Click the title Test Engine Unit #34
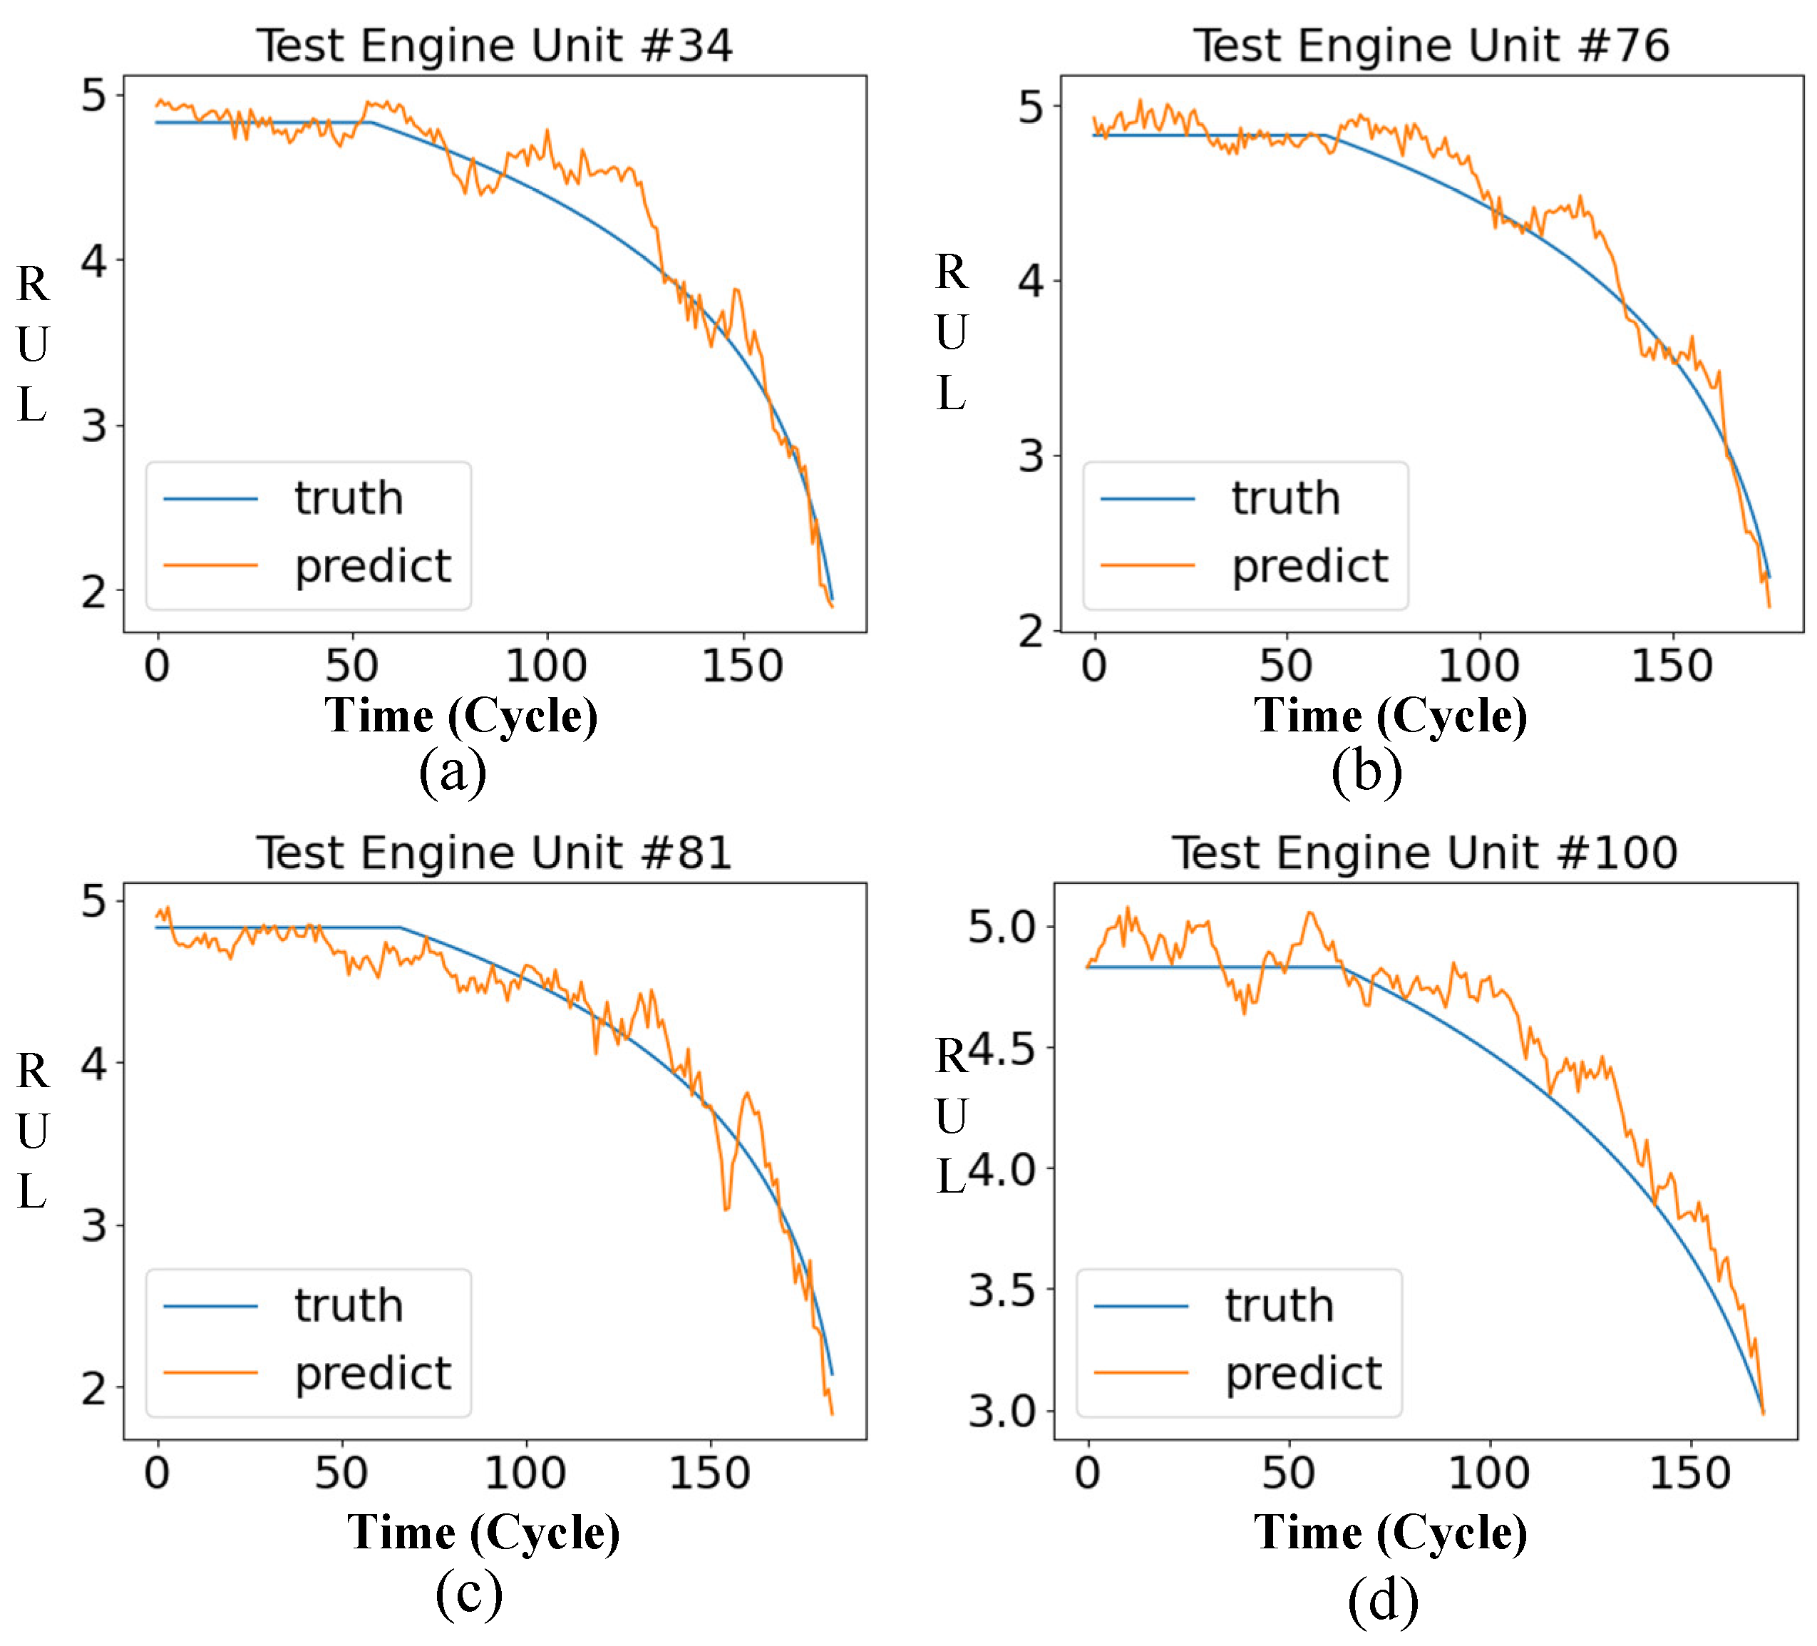click(x=494, y=45)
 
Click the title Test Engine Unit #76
click(x=1431, y=45)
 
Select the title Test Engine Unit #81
click(x=494, y=852)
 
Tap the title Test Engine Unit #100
click(x=1424, y=852)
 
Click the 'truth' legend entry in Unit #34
click(x=348, y=498)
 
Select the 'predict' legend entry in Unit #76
click(x=1309, y=566)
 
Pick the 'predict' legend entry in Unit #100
click(x=1303, y=1373)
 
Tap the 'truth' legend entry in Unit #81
click(x=348, y=1305)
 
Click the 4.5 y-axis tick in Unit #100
click(x=1002, y=1049)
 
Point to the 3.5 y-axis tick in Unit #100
click(x=1002, y=1291)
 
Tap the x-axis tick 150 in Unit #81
click(x=709, y=1473)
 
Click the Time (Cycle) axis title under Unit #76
click(x=1391, y=716)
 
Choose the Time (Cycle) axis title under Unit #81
click(x=484, y=1533)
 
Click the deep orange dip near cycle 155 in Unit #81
click(x=726, y=1206)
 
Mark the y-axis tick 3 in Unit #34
click(x=93, y=426)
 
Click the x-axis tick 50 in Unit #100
click(x=1288, y=1473)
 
